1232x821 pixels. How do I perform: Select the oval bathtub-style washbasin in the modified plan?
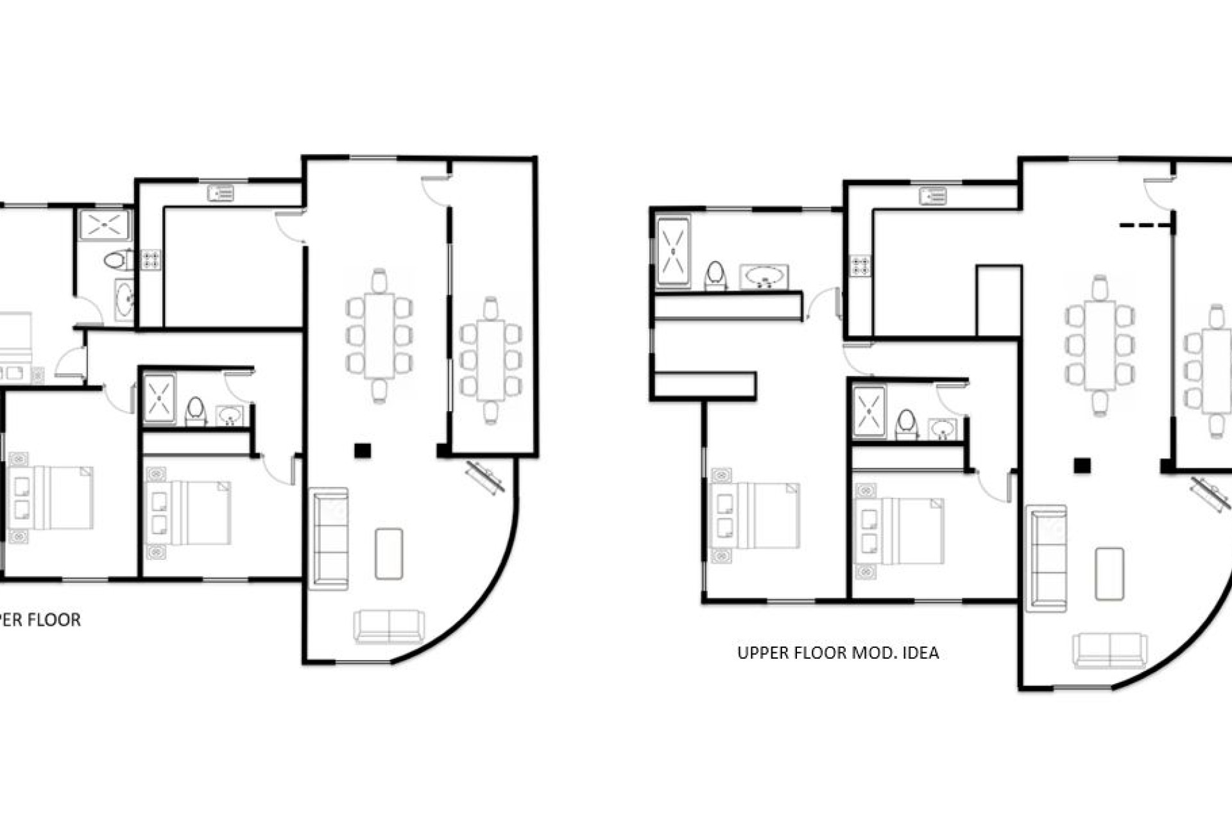[x=764, y=276]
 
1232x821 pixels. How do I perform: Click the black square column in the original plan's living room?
[x=363, y=450]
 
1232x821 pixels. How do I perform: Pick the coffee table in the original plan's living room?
[x=389, y=554]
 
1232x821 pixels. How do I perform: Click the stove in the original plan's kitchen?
[x=151, y=259]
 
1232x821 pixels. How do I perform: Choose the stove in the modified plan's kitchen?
[x=860, y=266]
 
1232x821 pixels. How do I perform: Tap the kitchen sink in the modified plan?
[x=932, y=195]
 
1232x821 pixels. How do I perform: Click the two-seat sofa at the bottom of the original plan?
[x=389, y=627]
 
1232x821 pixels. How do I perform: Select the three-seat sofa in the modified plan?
[x=1047, y=558]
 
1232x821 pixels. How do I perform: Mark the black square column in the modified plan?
[x=1083, y=466]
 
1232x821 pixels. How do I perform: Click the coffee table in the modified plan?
[x=1109, y=573]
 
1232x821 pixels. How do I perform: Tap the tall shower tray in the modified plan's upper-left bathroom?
[x=673, y=251]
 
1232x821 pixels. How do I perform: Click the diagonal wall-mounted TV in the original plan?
[x=486, y=478]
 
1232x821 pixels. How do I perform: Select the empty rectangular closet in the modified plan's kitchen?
[x=998, y=300]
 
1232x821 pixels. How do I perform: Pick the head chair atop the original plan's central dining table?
[x=379, y=280]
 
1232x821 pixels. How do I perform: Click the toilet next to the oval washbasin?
[x=715, y=276]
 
